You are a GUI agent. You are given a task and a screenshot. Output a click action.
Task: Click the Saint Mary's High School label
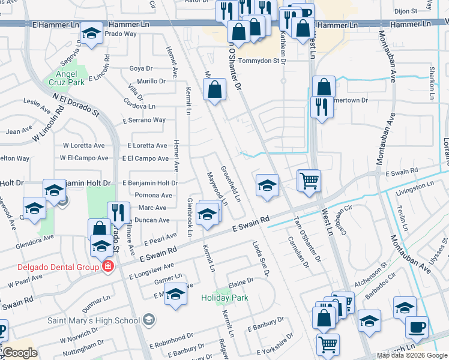93,320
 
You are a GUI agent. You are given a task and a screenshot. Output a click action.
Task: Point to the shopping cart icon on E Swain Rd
309,179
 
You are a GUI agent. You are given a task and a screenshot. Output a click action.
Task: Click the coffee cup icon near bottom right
417,327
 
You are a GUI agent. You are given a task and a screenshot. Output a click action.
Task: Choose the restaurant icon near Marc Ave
118,212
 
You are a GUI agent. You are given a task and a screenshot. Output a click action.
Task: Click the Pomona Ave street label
154,196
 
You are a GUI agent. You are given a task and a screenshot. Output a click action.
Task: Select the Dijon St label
406,11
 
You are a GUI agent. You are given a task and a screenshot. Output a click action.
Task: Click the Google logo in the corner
20,353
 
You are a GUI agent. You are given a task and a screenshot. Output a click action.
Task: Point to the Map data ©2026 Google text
411,355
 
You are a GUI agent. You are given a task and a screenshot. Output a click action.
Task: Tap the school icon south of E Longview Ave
175,295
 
